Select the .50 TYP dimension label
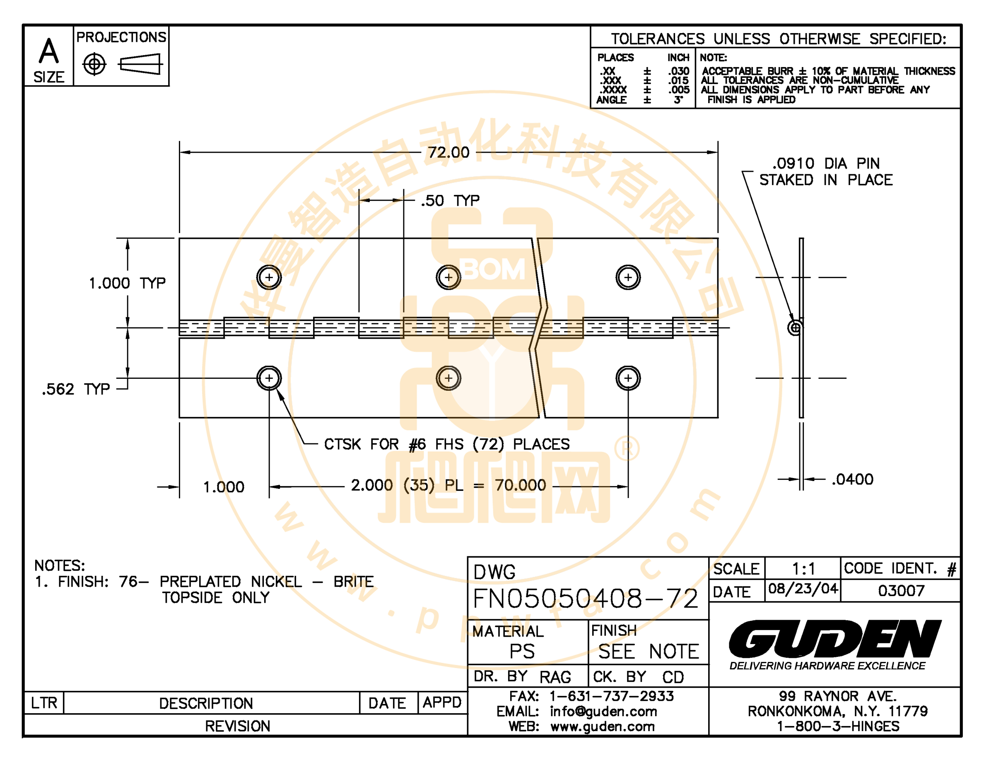click(450, 200)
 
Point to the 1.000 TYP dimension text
click(128, 283)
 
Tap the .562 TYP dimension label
click(76, 389)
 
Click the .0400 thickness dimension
click(852, 479)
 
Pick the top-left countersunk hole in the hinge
click(269, 277)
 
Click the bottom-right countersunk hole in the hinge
click(628, 378)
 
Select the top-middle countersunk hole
click(448, 277)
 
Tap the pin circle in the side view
click(795, 328)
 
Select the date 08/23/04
click(803, 589)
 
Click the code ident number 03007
click(901, 590)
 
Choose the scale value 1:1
click(804, 569)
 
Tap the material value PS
click(522, 652)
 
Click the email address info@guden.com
click(603, 712)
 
